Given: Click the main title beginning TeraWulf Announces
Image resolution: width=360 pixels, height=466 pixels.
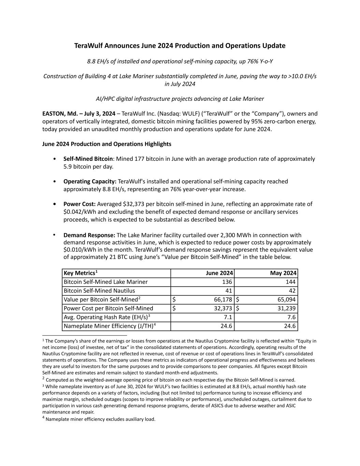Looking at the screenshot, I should click(180, 46).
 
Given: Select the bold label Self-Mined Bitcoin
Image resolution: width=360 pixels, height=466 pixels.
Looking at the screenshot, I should click(88, 159).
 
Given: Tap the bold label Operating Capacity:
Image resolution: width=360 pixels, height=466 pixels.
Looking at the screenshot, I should click(90, 181).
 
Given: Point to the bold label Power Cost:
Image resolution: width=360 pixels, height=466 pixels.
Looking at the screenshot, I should click(80, 204).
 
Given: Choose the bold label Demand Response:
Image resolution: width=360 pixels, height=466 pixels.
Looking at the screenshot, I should click(89, 235).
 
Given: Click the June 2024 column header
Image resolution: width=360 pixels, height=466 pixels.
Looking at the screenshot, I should click(219, 273).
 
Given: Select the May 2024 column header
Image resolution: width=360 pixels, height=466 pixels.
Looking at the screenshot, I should click(283, 273).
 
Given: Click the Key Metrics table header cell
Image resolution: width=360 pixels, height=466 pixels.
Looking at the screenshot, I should click(81, 273).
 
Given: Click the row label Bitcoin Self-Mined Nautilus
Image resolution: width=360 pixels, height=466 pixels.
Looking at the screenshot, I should click(99, 291).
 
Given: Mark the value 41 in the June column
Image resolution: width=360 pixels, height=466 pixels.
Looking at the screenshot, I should click(229, 291).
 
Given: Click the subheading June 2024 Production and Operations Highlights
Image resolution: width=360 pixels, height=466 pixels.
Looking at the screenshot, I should click(107, 144).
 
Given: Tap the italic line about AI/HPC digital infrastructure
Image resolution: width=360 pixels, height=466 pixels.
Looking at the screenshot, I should click(180, 99).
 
